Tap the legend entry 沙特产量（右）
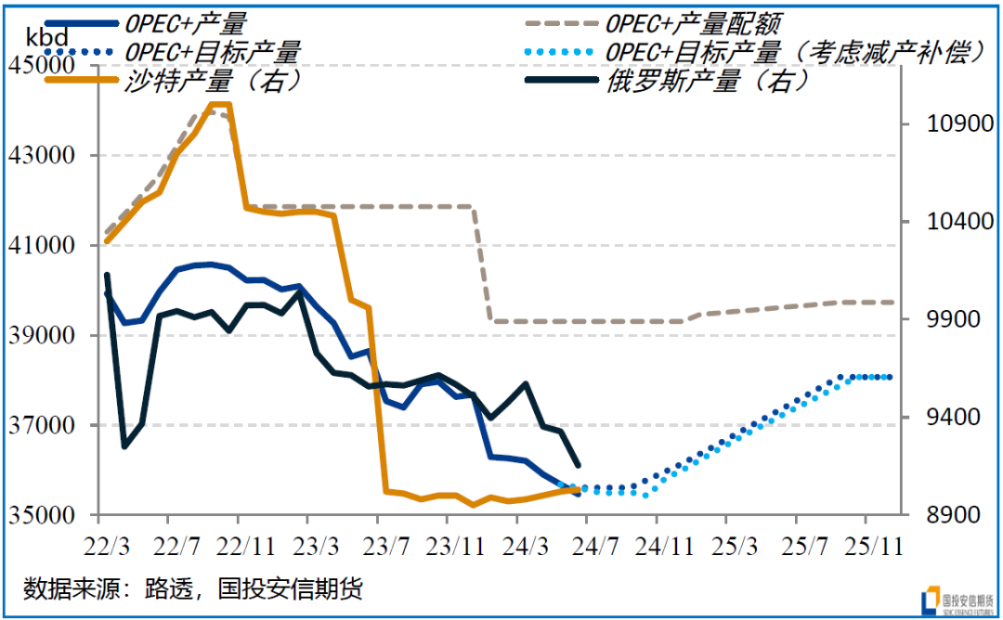pyautogui.click(x=214, y=81)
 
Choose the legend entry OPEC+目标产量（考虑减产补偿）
pyautogui.click(x=794, y=51)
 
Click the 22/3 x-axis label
pyautogui.click(x=108, y=543)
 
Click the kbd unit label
pyautogui.click(x=47, y=37)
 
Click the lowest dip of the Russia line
pyautogui.click(x=125, y=446)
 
